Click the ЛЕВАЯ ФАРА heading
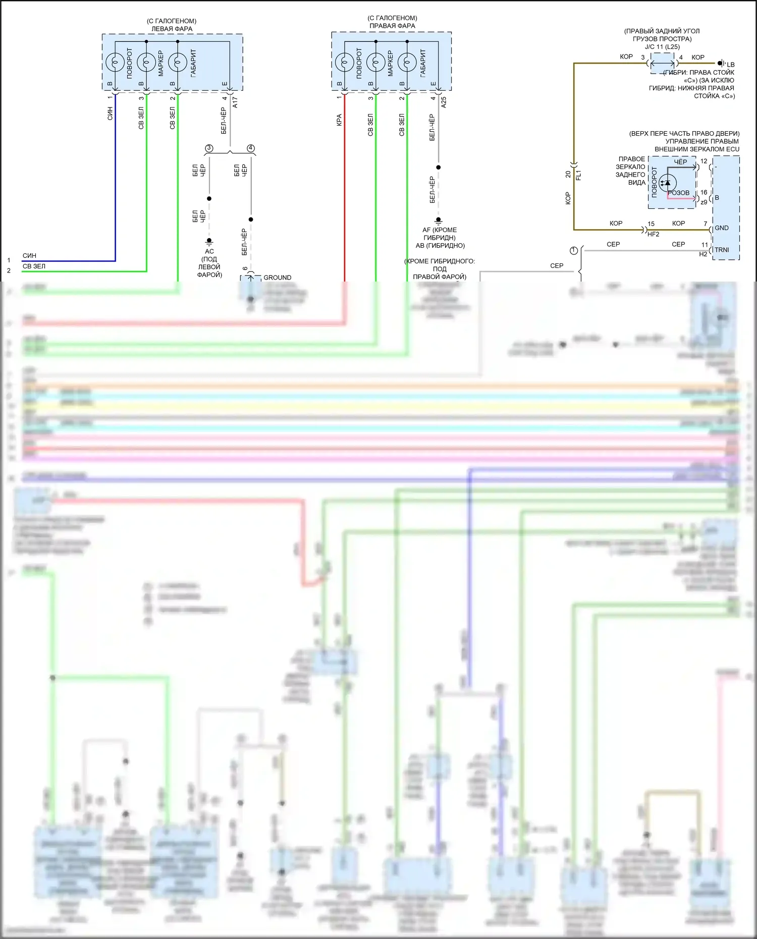[172, 29]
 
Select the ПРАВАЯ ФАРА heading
[392, 26]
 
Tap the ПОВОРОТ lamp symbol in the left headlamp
[115, 63]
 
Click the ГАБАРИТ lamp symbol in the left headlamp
[177, 63]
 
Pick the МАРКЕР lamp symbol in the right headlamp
[376, 63]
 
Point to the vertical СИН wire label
[110, 114]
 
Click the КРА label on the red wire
[339, 120]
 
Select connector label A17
[235, 102]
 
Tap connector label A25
[444, 102]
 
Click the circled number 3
[209, 148]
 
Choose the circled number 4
[251, 148]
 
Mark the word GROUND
[277, 278]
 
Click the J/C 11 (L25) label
[662, 47]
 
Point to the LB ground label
[730, 65]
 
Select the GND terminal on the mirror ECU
[722, 228]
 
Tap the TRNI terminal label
[722, 250]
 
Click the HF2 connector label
[653, 234]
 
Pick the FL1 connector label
[579, 175]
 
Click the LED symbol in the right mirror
[667, 183]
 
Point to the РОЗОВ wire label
[678, 193]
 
